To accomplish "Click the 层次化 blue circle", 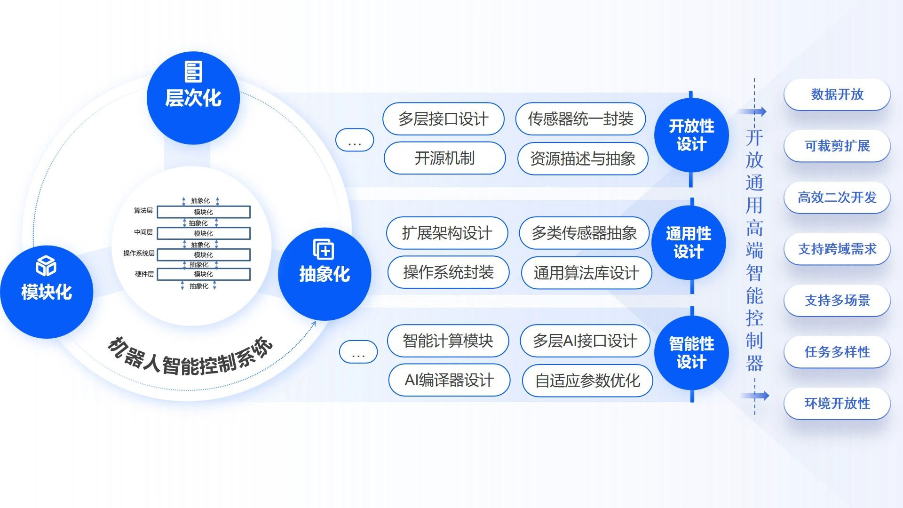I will pyautogui.click(x=193, y=98).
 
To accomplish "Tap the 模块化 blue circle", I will pyautogui.click(x=47, y=292).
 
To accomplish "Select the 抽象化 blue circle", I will pyautogui.click(x=325, y=274).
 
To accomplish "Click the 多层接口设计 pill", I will pyautogui.click(x=444, y=119).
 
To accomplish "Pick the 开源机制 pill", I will pyautogui.click(x=444, y=158).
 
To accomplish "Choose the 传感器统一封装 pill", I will pyautogui.click(x=580, y=119).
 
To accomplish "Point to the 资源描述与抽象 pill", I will pyautogui.click(x=583, y=159).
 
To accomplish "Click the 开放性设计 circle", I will pyautogui.click(x=691, y=135).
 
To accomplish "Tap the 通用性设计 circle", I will pyautogui.click(x=689, y=243).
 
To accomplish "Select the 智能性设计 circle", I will pyautogui.click(x=691, y=353).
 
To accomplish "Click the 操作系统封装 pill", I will pyautogui.click(x=448, y=272).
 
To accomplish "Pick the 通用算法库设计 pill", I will pyautogui.click(x=586, y=273).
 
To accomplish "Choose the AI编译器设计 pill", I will pyautogui.click(x=449, y=380).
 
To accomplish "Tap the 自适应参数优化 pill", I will pyautogui.click(x=587, y=381).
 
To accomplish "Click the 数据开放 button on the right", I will pyautogui.click(x=837, y=95).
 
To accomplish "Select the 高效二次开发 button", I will pyautogui.click(x=837, y=198).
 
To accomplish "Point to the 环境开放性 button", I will pyautogui.click(x=837, y=403).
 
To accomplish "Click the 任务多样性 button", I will pyautogui.click(x=837, y=352).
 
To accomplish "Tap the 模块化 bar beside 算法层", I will pyautogui.click(x=204, y=212).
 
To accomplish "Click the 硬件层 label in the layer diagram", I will pyautogui.click(x=144, y=274).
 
